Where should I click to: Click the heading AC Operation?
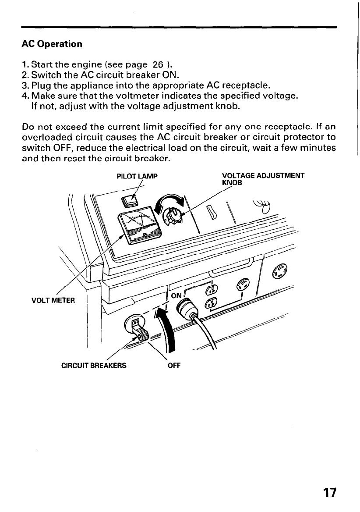pyautogui.click(x=52, y=44)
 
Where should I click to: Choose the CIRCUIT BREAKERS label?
pyautogui.click(x=94, y=365)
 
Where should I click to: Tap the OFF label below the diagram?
pyautogui.click(x=174, y=365)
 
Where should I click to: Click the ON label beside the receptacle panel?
pyautogui.click(x=176, y=295)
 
